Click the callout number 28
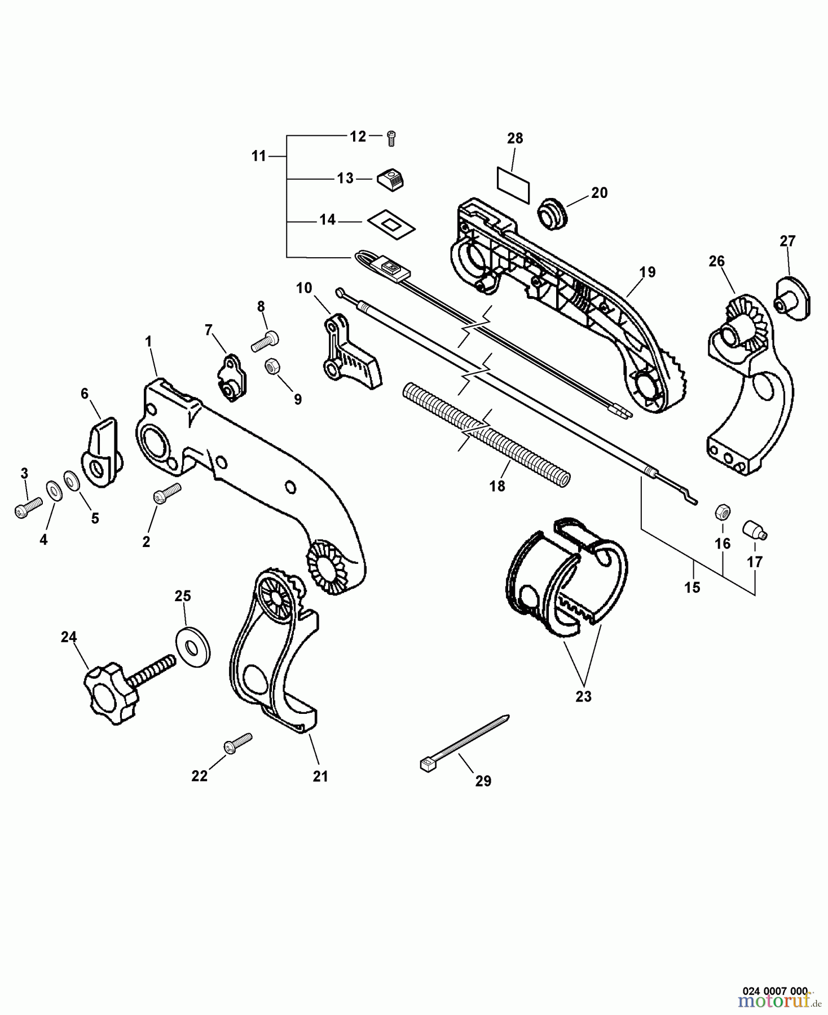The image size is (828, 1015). click(515, 138)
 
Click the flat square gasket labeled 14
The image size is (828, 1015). click(391, 224)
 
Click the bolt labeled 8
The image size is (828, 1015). click(265, 341)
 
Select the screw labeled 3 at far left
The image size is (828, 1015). click(28, 507)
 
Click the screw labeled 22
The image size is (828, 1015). click(238, 743)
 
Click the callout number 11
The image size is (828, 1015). click(259, 156)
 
